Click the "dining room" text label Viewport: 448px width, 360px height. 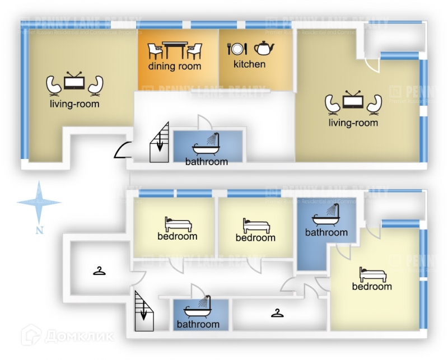175,67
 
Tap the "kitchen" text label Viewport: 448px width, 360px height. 249,64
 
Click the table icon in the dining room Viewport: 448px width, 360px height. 175,50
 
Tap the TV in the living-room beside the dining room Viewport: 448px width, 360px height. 73,82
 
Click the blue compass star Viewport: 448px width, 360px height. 39,202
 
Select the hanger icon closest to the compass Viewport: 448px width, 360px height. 99,272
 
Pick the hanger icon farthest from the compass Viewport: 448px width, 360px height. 277,312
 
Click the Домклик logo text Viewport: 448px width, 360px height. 78,336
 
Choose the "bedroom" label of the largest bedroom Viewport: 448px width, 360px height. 372,287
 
